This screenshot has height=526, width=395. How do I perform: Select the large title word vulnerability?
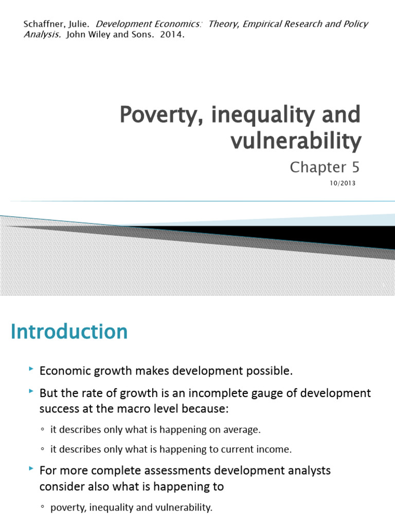pyautogui.click(x=296, y=140)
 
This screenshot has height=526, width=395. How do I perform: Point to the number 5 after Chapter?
pyautogui.click(x=355, y=167)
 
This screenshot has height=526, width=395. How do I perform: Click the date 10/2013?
pyautogui.click(x=343, y=183)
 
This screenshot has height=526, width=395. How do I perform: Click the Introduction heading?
pyautogui.click(x=69, y=332)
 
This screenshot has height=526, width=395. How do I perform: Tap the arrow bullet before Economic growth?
pyautogui.click(x=32, y=369)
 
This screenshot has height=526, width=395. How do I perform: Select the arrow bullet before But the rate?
pyautogui.click(x=32, y=392)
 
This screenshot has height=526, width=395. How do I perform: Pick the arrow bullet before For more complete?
pyautogui.click(x=32, y=469)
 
